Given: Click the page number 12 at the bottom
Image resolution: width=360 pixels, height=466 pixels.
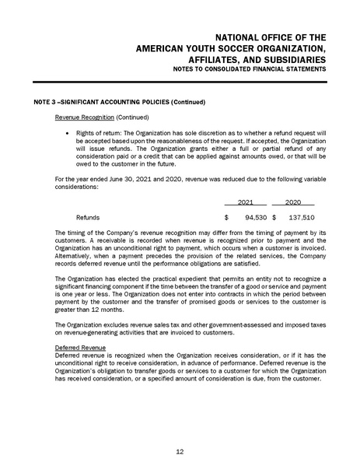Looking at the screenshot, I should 180,451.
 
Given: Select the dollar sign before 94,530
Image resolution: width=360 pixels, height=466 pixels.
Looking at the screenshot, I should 225,218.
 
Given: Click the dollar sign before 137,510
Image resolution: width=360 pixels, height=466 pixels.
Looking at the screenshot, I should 274,218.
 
